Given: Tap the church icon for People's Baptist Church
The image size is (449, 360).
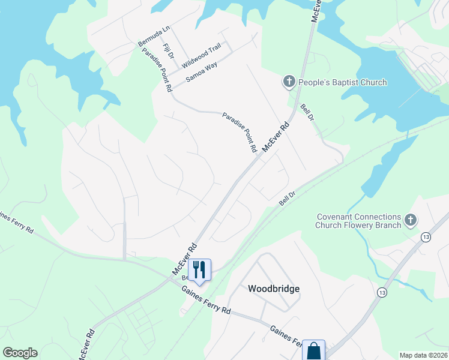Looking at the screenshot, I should (x=289, y=82).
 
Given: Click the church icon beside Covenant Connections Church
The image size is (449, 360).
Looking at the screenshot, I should (x=411, y=220).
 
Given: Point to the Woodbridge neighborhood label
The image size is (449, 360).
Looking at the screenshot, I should (x=274, y=289).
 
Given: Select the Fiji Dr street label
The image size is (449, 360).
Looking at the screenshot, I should (x=168, y=51).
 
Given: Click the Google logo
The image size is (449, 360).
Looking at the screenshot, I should (x=20, y=353).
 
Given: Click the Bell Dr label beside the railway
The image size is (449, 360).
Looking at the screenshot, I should (x=288, y=198).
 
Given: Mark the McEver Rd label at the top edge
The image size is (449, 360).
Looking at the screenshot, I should (x=316, y=11).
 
